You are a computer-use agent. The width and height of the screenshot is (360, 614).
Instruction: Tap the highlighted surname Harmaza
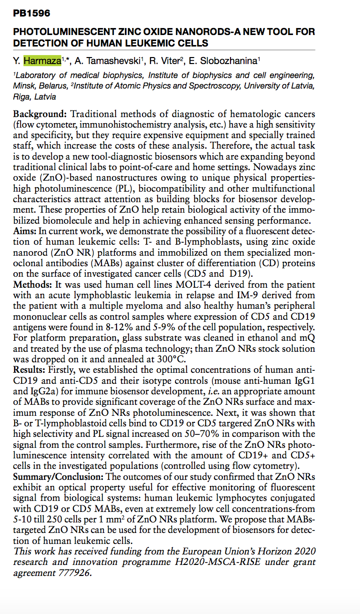tap(42, 61)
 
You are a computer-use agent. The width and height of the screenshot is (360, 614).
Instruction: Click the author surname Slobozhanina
tap(228, 61)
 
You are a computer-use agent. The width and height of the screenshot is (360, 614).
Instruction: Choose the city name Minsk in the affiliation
tap(23, 86)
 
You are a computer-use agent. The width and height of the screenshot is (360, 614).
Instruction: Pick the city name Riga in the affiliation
tap(22, 97)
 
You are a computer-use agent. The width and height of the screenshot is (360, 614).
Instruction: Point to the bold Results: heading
tap(31, 369)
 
